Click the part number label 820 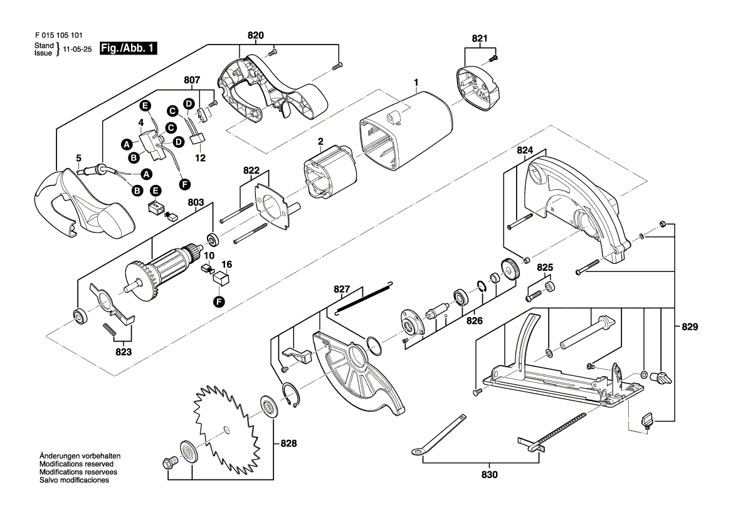coord(255,35)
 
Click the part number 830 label coord(489,474)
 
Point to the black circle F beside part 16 coord(219,301)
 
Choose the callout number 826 coord(474,320)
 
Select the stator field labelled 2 coord(330,174)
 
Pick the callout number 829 coord(690,326)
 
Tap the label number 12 coord(200,159)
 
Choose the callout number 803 coord(195,202)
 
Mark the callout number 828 coord(288,443)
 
